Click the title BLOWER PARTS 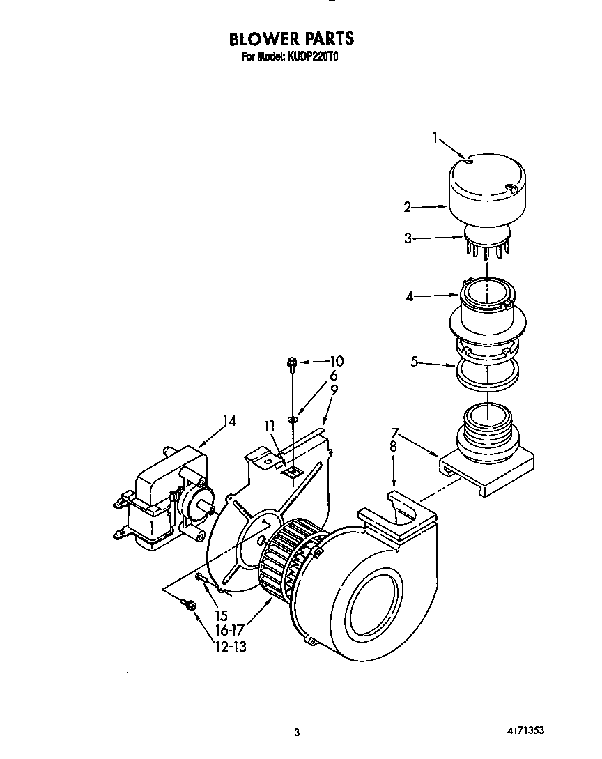(x=291, y=38)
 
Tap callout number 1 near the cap (x=436, y=138)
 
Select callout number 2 (x=408, y=206)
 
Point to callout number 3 (x=408, y=238)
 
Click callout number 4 (x=410, y=296)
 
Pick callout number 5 (x=415, y=362)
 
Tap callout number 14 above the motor (x=229, y=421)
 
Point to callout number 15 (x=222, y=616)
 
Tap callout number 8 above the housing (x=393, y=447)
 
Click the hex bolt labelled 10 (x=293, y=362)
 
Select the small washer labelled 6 (x=292, y=420)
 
